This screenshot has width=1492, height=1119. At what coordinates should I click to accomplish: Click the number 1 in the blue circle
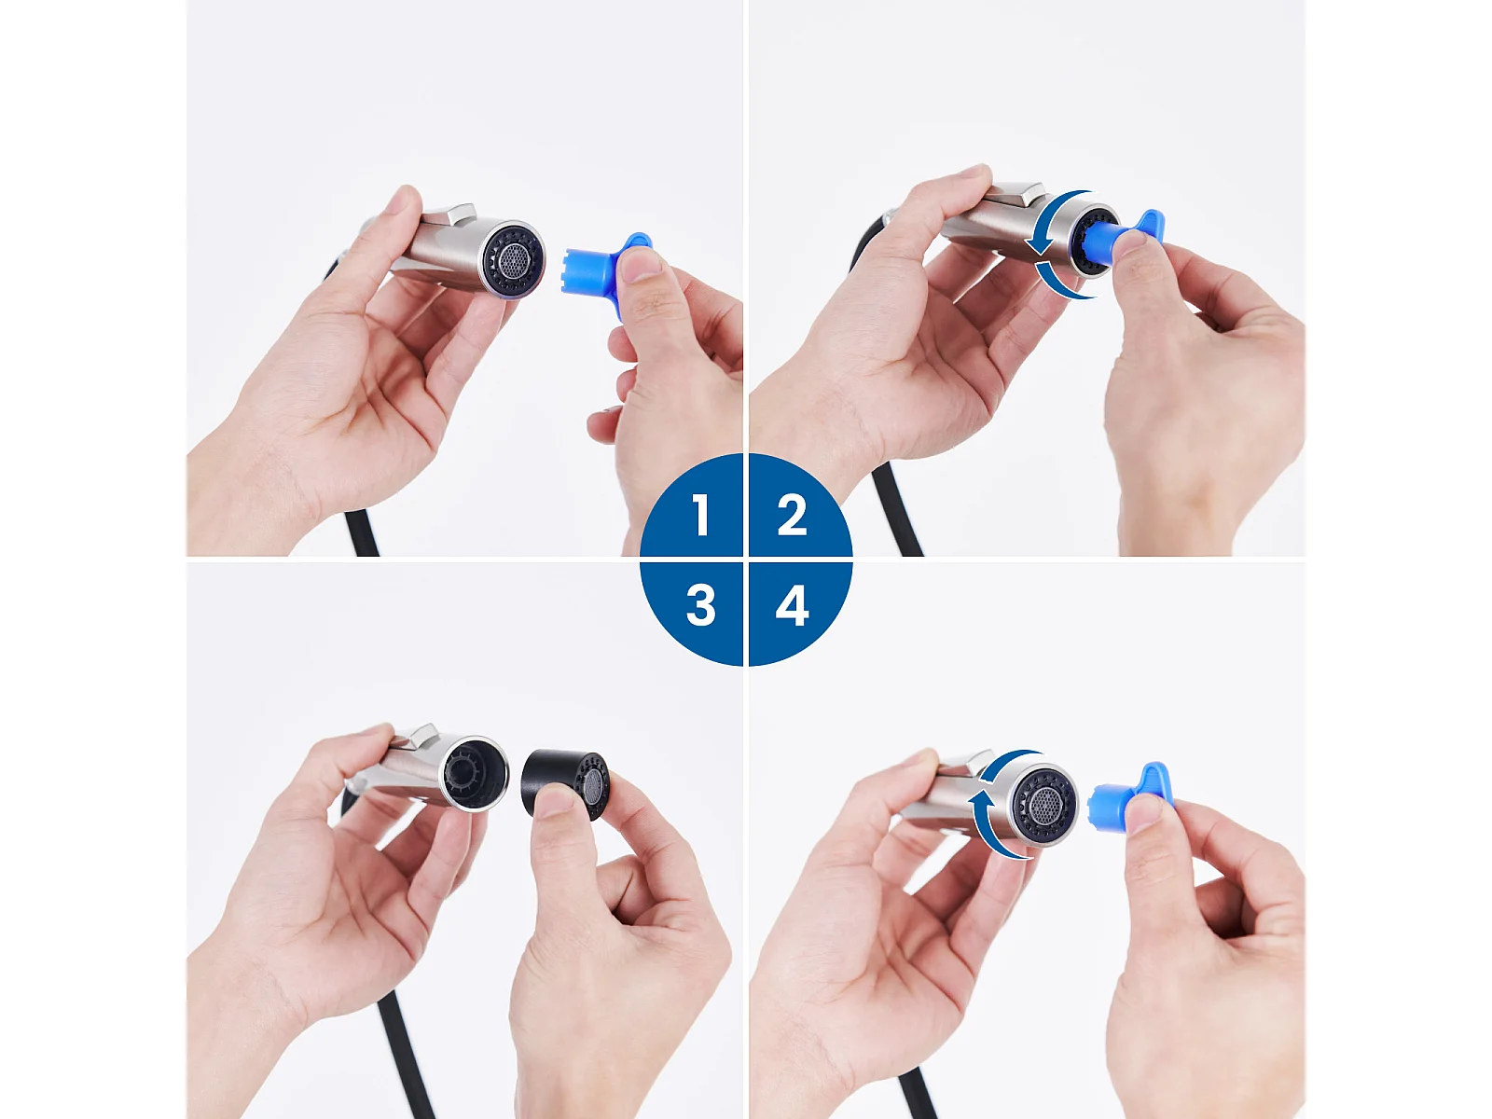click(x=701, y=515)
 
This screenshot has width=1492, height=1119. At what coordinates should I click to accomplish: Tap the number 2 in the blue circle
click(x=792, y=515)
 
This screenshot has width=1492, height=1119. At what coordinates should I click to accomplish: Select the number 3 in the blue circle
click(x=701, y=605)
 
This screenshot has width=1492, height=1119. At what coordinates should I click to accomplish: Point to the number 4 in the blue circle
click(x=793, y=605)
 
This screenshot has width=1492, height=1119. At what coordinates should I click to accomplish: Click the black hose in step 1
click(x=362, y=532)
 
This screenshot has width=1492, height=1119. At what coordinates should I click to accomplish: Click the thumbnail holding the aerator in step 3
click(x=554, y=801)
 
